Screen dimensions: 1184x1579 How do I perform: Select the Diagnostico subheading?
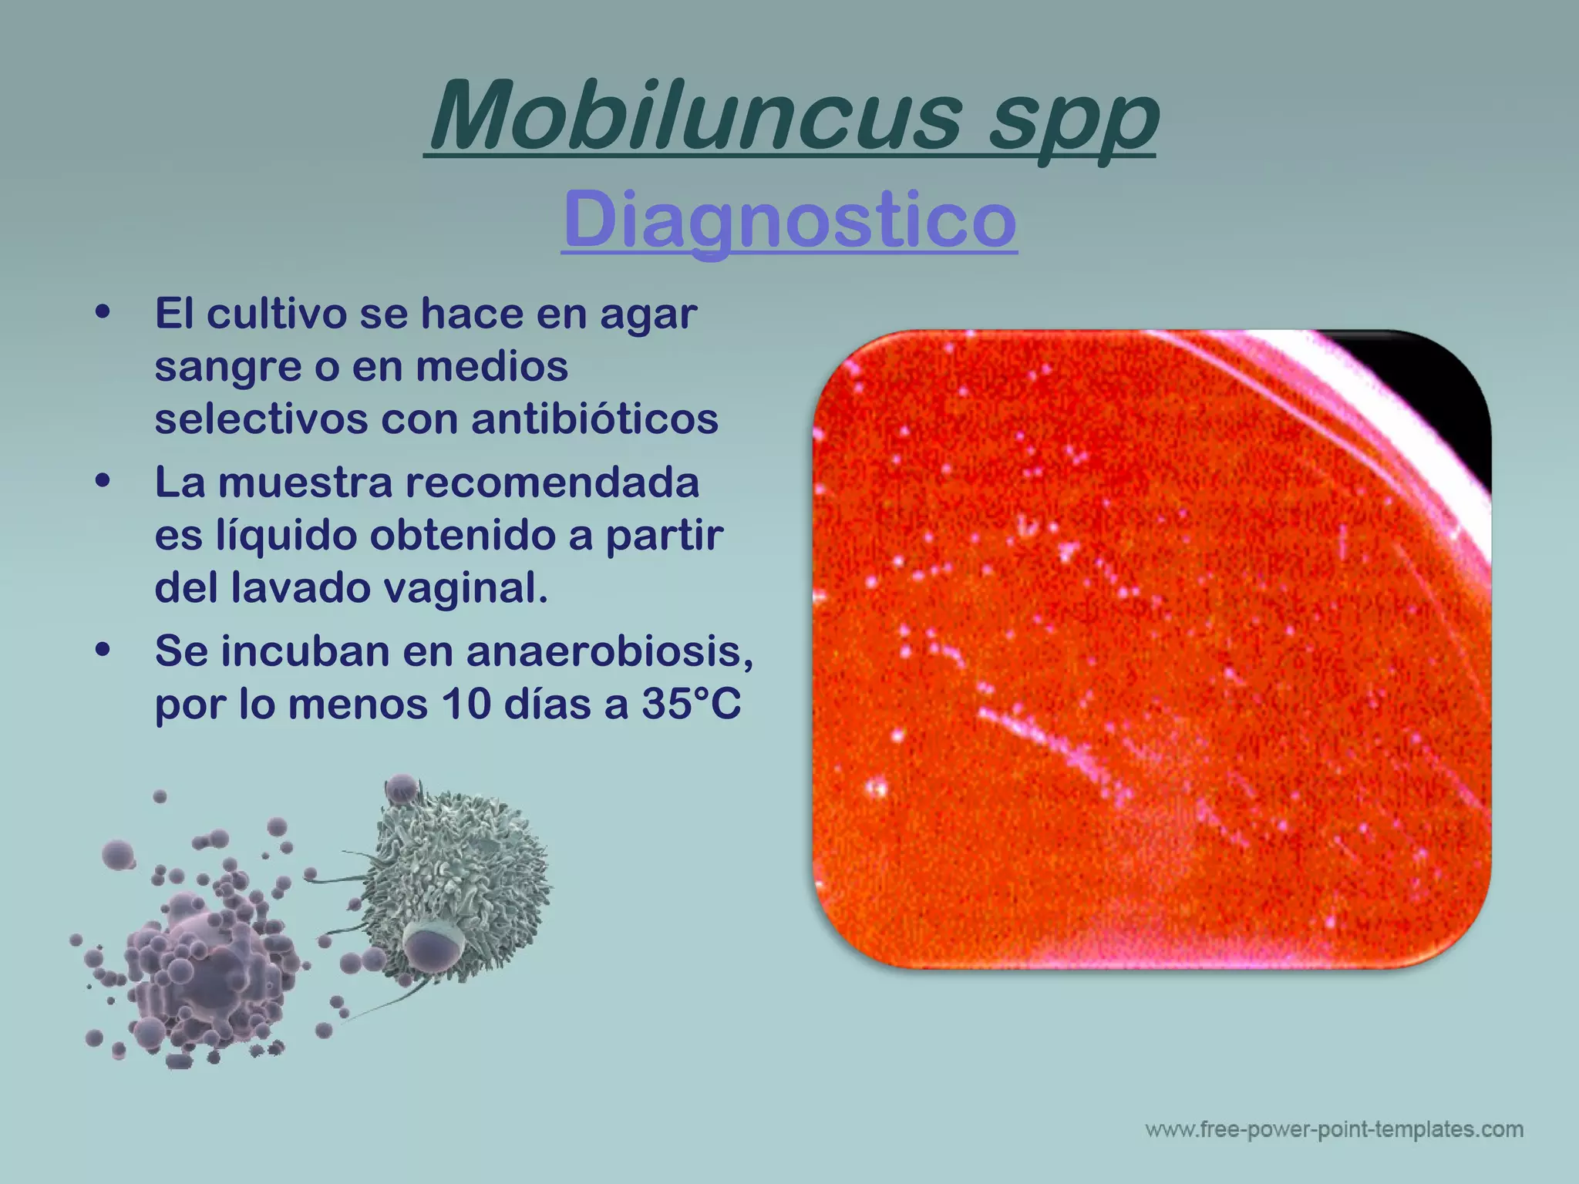point(789,219)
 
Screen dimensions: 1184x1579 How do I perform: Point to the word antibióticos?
point(594,419)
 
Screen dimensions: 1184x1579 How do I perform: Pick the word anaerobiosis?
point(609,651)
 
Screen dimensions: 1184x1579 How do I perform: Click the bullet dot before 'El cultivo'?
point(103,313)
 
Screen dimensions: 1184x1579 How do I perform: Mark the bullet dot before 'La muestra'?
point(103,482)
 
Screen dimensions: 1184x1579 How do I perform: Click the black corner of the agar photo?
point(1449,385)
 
